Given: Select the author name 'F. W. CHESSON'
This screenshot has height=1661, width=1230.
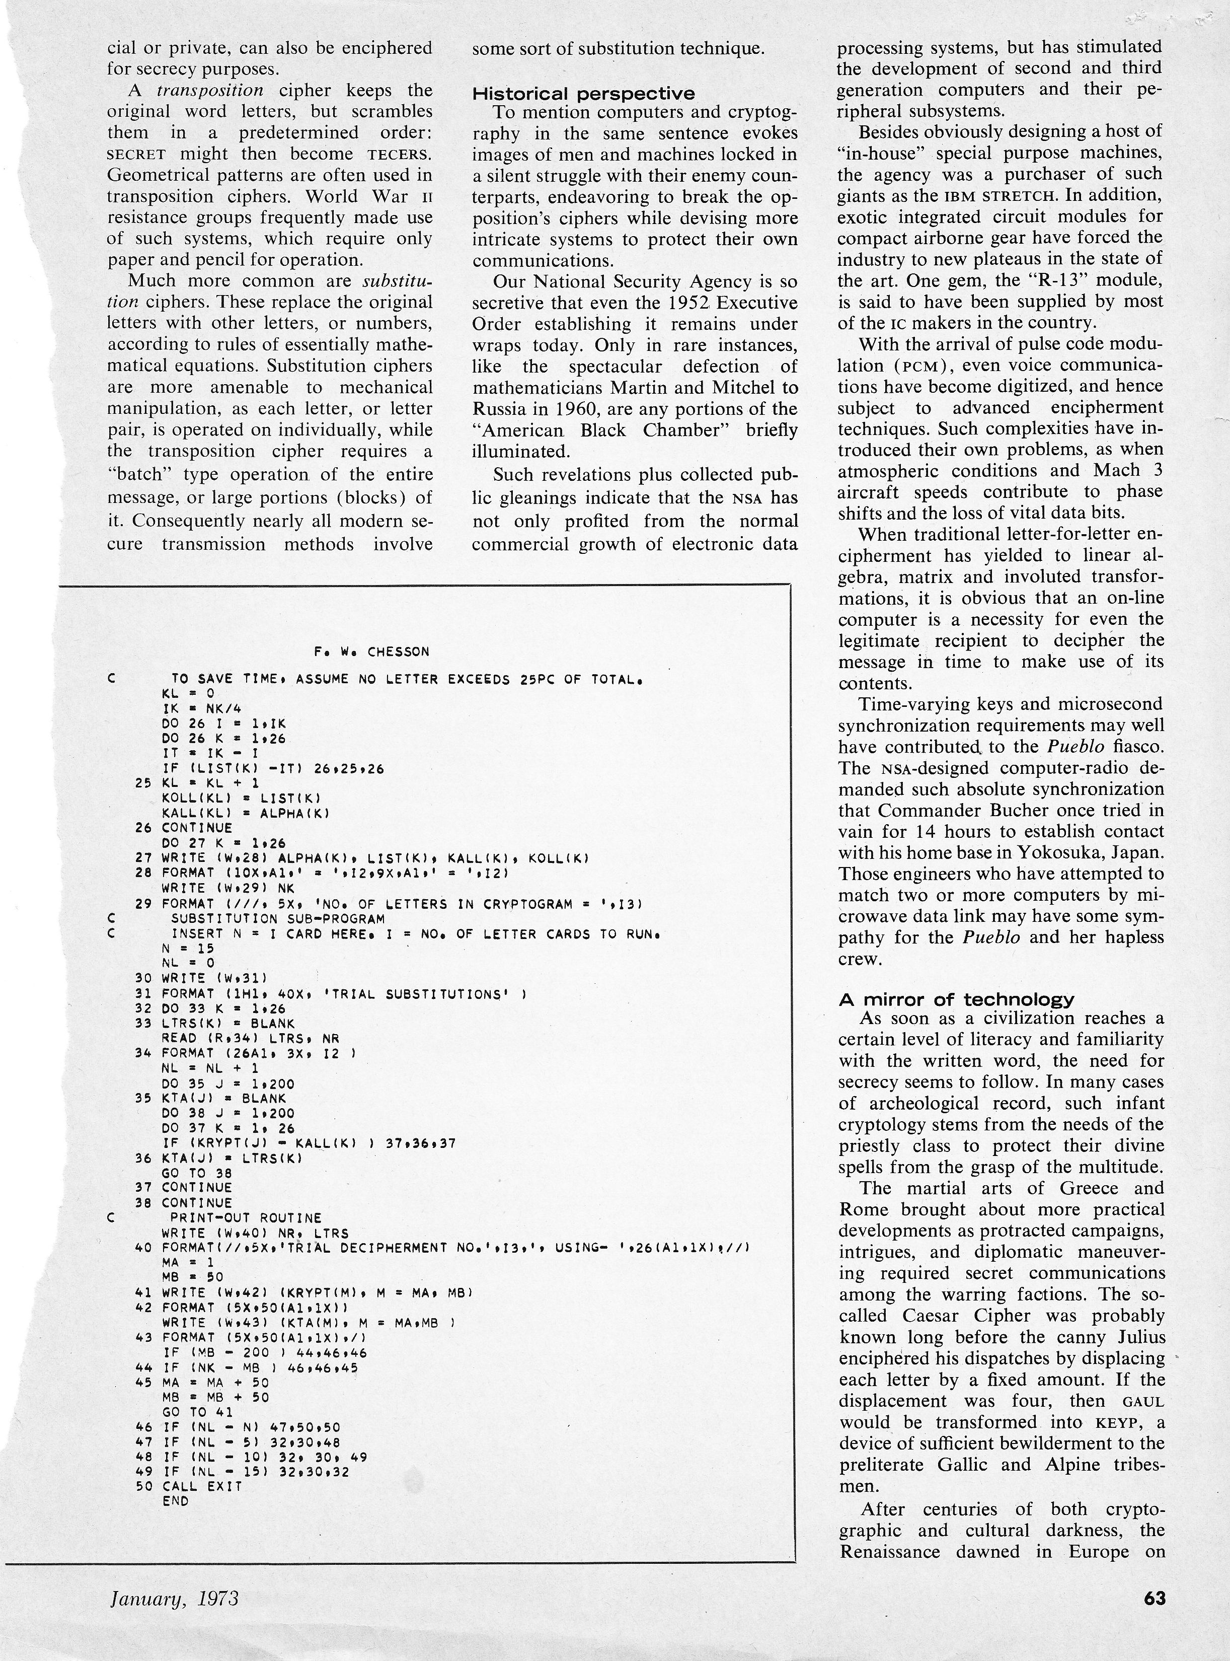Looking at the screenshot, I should click(371, 652).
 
